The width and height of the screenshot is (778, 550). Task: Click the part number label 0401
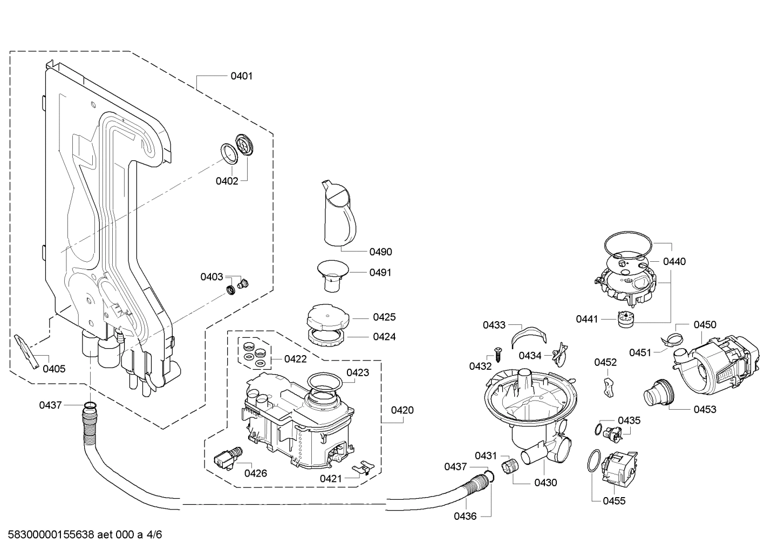pos(241,76)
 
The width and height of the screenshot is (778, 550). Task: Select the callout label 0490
pos(380,252)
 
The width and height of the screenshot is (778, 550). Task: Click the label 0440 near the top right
pos(674,261)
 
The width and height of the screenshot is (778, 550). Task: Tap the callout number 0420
pos(402,410)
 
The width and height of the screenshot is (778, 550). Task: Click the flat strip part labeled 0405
pos(28,350)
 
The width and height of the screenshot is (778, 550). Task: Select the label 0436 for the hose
pos(465,516)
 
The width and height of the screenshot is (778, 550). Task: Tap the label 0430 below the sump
pos(545,483)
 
